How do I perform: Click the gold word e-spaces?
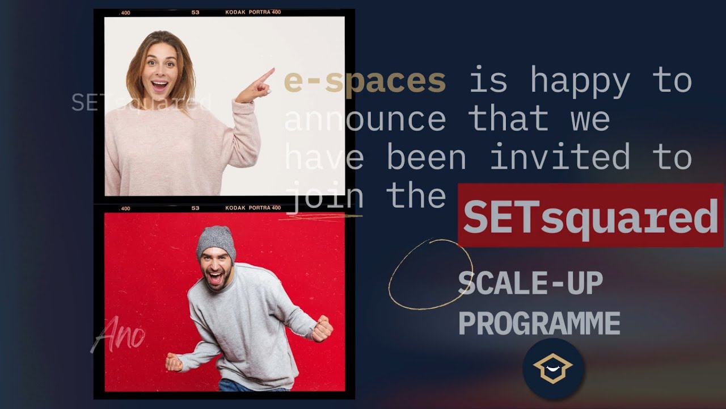pyautogui.click(x=365, y=81)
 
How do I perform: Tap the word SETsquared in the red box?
pyautogui.click(x=590, y=216)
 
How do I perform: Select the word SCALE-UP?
pyautogui.click(x=530, y=283)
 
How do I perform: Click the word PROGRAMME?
pyautogui.click(x=539, y=323)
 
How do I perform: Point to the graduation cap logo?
pyautogui.click(x=553, y=369)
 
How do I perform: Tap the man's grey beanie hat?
pyautogui.click(x=216, y=240)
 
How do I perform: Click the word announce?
pyautogui.click(x=365, y=119)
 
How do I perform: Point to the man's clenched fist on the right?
pyautogui.click(x=322, y=329)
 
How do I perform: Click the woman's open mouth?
pyautogui.click(x=160, y=85)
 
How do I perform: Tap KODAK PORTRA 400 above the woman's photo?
pyautogui.click(x=253, y=12)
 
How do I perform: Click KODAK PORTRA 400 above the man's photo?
pyautogui.click(x=253, y=208)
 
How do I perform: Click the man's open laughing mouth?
pyautogui.click(x=217, y=277)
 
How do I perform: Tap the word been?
pyautogui.click(x=426, y=157)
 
